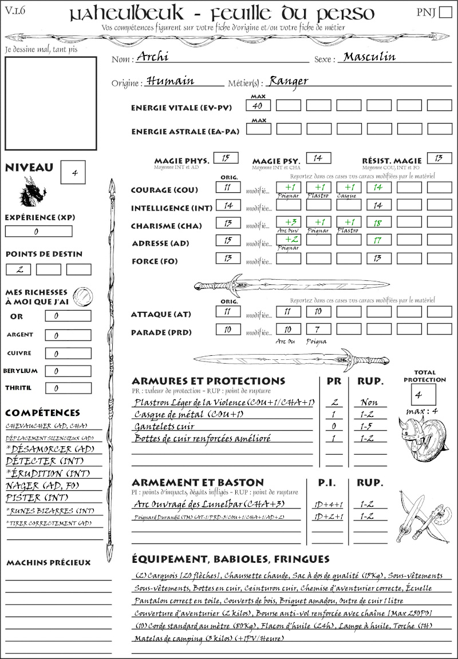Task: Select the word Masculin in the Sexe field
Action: coord(369,57)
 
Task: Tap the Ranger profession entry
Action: coord(289,81)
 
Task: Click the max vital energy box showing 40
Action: coord(258,106)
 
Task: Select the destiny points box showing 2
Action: coord(18,269)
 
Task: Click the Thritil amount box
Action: coord(68,388)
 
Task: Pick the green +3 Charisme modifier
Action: coord(288,223)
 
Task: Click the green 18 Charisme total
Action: coord(378,223)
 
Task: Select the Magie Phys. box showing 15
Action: coord(226,158)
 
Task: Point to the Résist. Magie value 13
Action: coord(439,158)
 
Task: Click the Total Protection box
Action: coord(423,395)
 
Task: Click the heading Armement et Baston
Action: coord(198,482)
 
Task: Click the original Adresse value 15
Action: coord(228,241)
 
